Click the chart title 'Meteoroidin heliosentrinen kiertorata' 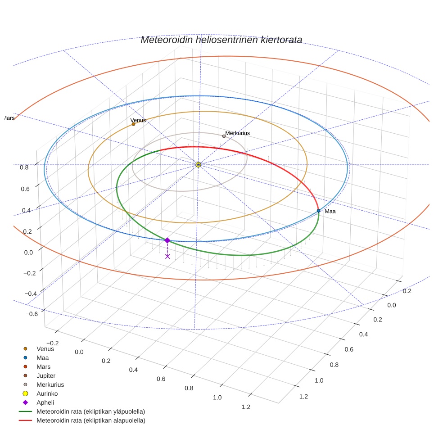tap(221, 40)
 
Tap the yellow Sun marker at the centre tap(198, 165)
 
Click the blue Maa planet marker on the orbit tap(318, 211)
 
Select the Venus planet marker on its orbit tap(133, 124)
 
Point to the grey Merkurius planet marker tap(224, 136)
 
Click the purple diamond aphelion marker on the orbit tap(167, 240)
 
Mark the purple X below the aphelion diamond tap(167, 256)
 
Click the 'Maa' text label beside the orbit tap(330, 211)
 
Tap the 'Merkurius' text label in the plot tap(237, 133)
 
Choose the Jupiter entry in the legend tap(46, 375)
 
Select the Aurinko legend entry tap(47, 393)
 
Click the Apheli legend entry tap(45, 402)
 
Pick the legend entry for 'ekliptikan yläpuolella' tap(90, 411)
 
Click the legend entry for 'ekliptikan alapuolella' tap(90, 420)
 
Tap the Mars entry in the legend tap(43, 366)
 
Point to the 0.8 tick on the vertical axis tap(24, 167)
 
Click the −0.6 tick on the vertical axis tap(21, 314)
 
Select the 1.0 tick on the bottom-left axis tap(217, 397)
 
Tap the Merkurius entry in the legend tap(50, 384)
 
